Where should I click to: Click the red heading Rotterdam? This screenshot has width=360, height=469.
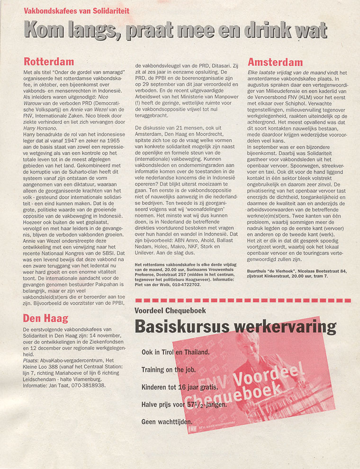48,62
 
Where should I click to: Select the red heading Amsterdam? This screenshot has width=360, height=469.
275,62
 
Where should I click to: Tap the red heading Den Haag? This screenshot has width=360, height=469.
45,318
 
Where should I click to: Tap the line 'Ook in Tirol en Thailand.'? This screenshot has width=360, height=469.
175,353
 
